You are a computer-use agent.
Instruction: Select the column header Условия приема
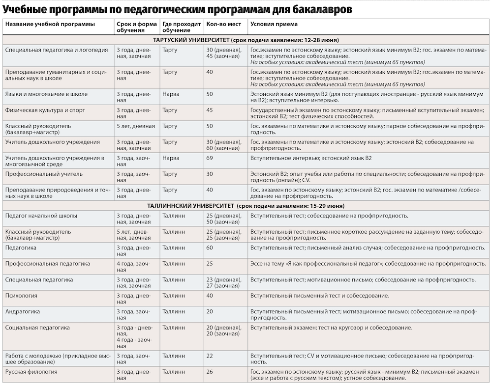(x=274, y=24)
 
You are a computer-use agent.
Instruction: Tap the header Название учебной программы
(x=50, y=24)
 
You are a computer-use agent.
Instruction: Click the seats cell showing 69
(x=210, y=158)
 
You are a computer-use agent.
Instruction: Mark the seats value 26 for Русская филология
(x=210, y=372)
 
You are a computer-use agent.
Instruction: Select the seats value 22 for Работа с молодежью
(x=210, y=356)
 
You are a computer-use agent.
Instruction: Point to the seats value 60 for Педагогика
(x=210, y=247)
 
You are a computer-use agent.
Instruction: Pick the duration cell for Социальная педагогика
(x=134, y=333)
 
